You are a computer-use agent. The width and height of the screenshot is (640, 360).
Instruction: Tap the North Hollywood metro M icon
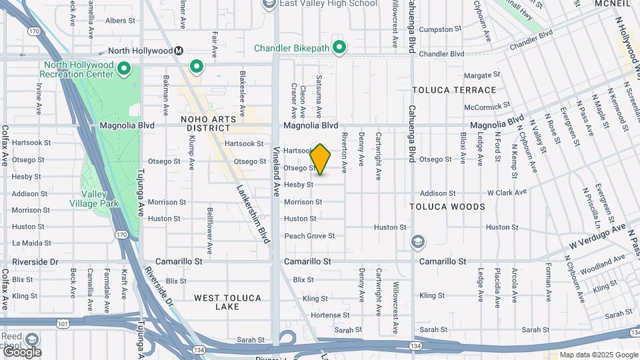(179, 51)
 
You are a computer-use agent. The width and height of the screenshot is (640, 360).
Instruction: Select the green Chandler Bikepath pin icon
(339, 47)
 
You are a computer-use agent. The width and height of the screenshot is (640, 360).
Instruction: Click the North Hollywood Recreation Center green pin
(123, 68)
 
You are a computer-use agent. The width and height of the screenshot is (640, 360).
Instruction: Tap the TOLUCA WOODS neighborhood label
(448, 207)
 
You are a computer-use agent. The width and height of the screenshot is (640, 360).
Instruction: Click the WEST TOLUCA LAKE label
(227, 302)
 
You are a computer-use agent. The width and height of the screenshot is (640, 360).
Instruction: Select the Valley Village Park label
(99, 199)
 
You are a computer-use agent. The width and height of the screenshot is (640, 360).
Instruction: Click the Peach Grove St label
(309, 236)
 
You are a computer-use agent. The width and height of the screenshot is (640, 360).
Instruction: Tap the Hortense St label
(330, 315)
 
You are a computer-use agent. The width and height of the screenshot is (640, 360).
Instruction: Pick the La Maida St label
(31, 243)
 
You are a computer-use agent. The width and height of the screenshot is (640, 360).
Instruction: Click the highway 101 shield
(63, 322)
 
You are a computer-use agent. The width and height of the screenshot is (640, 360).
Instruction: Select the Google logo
(22, 351)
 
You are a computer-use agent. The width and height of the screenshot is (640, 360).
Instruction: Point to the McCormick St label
(487, 106)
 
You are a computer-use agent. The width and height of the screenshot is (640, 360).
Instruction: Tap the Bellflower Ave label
(209, 231)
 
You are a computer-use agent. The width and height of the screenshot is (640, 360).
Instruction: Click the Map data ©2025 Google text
(598, 355)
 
